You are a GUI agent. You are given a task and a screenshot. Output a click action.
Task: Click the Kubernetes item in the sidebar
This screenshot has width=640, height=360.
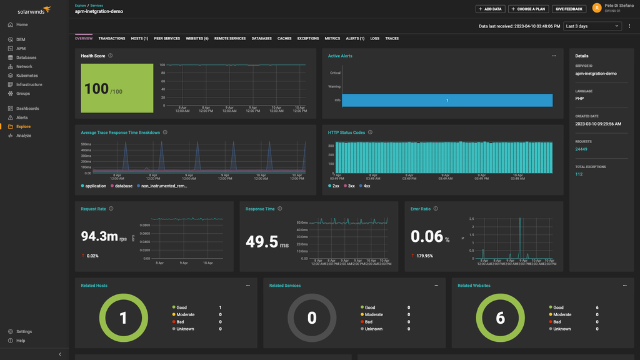[27, 76]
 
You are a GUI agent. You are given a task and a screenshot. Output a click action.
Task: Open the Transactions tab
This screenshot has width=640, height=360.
[112, 39]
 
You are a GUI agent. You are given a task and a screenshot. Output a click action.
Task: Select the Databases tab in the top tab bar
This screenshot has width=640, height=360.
[261, 39]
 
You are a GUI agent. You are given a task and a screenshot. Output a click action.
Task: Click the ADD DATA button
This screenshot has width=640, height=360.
[490, 9]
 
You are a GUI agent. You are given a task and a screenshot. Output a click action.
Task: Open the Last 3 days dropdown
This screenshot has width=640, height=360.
[592, 26]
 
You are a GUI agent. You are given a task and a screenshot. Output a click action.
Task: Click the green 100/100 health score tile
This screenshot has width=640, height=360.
[117, 88]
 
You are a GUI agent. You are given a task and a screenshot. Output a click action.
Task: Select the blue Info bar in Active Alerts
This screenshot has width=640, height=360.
[447, 100]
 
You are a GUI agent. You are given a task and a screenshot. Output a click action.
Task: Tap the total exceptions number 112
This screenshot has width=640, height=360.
[579, 174]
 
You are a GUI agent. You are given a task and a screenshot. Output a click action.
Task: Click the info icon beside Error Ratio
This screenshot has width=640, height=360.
[436, 209]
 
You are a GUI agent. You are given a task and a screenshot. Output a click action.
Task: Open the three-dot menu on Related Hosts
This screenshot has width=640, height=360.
[248, 286]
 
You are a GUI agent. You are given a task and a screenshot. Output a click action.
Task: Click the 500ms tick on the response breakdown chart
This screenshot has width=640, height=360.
[86, 144]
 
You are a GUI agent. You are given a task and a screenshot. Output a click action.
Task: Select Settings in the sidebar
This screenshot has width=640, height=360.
[24, 332]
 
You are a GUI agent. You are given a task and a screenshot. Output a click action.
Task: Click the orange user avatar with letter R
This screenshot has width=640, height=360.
[597, 7]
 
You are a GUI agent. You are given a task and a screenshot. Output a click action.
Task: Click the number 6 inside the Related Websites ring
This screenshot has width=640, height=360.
[500, 318]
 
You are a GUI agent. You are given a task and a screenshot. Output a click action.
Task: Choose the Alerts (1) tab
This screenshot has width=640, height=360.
[355, 39]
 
